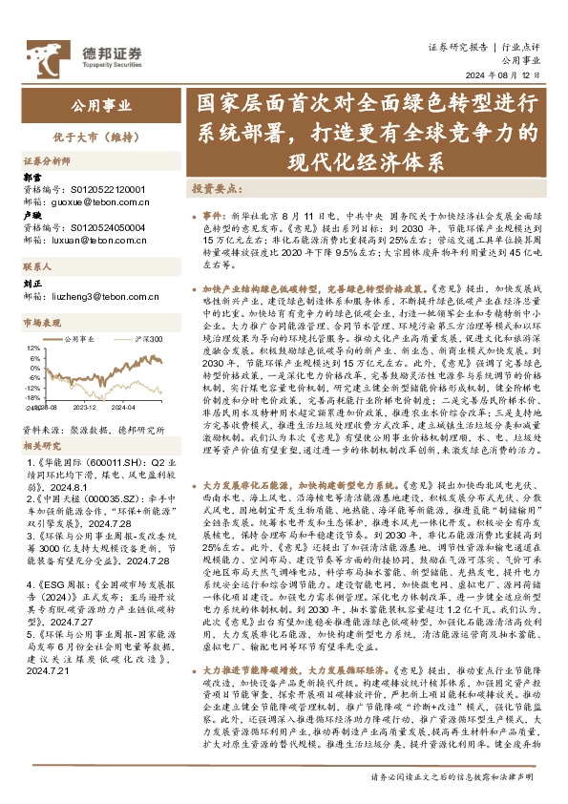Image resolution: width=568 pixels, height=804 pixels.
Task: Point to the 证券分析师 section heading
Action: tap(47, 162)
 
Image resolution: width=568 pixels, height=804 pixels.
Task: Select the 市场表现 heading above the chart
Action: tap(42, 325)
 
